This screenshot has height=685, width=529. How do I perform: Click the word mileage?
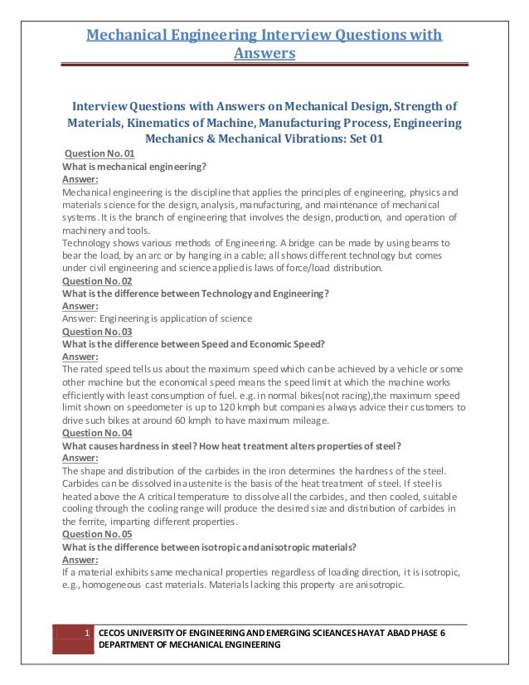click(308, 420)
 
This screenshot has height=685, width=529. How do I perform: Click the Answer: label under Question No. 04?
click(81, 458)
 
